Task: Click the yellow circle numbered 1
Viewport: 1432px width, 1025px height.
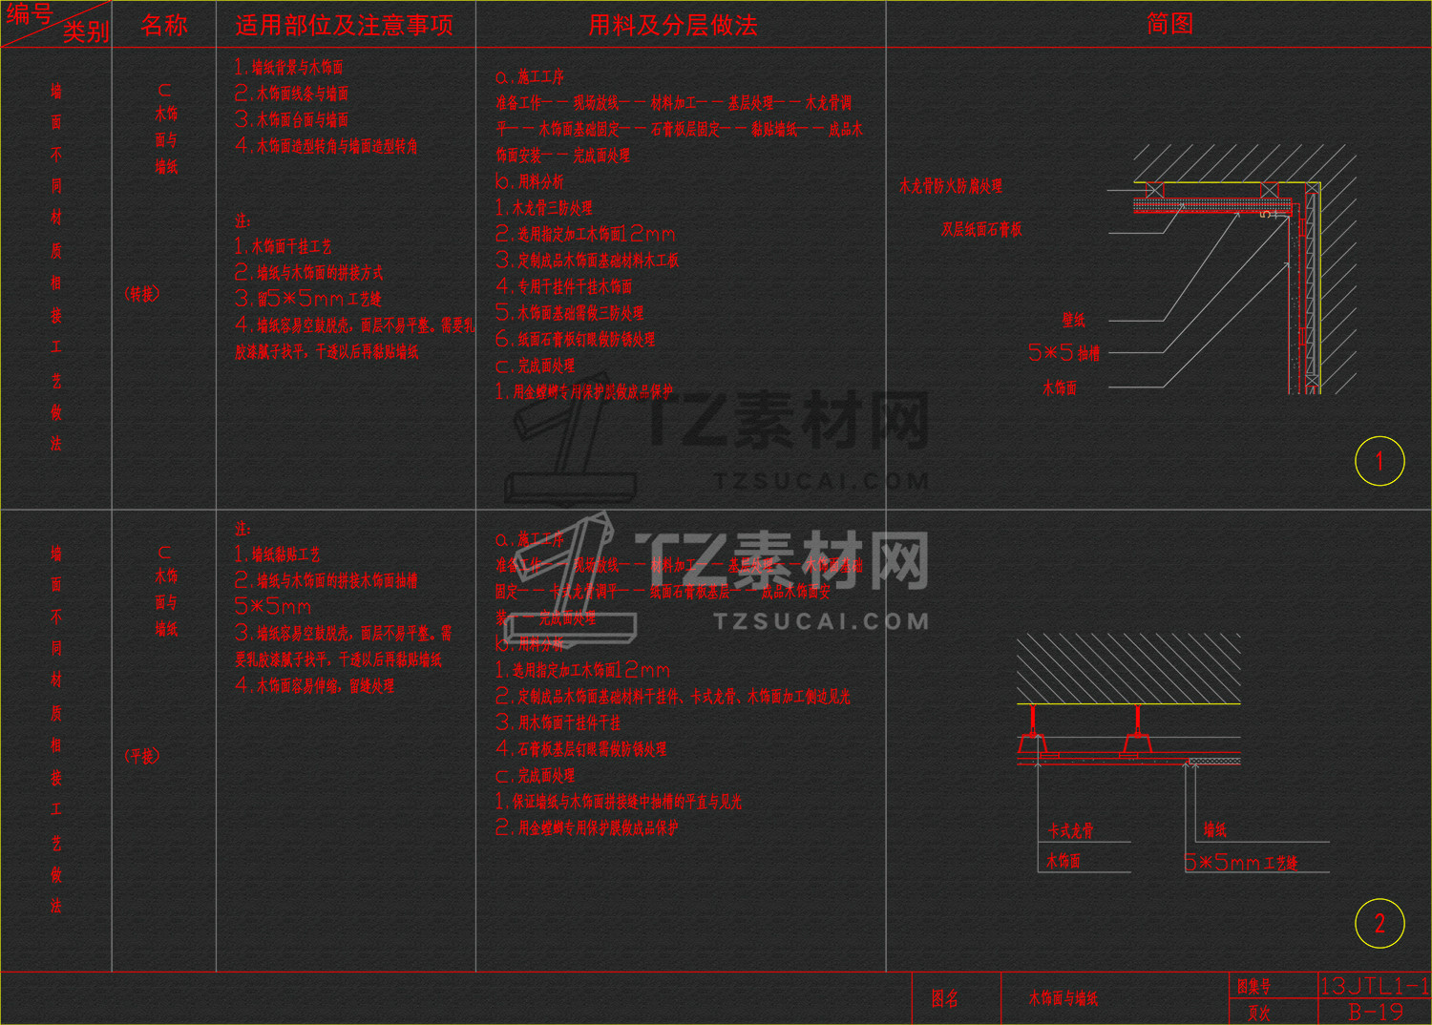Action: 1379,461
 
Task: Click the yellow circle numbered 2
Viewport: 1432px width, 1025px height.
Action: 1379,923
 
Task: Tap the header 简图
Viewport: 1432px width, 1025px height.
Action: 1169,24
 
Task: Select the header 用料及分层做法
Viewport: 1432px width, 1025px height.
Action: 673,26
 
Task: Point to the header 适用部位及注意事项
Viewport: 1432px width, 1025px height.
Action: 344,26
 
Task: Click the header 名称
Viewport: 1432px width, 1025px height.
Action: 164,26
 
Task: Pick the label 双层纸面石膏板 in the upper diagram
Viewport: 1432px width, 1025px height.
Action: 981,229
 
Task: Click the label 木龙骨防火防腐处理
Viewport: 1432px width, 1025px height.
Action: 951,186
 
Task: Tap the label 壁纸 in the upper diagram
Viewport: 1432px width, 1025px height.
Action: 1073,321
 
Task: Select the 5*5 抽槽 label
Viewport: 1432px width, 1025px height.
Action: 1063,353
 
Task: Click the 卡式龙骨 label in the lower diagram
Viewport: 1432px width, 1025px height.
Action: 1070,831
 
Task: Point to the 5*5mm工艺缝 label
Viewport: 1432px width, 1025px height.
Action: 1240,863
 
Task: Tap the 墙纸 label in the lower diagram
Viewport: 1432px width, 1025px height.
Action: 1214,830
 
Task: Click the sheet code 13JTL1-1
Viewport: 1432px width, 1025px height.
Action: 1374,986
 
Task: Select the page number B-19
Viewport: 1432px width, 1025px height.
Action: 1375,1013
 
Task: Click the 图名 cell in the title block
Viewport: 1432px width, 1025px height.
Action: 945,998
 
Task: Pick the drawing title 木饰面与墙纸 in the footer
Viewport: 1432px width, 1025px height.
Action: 1063,999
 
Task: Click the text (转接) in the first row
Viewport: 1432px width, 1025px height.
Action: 142,294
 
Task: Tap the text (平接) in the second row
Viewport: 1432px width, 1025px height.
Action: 142,756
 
